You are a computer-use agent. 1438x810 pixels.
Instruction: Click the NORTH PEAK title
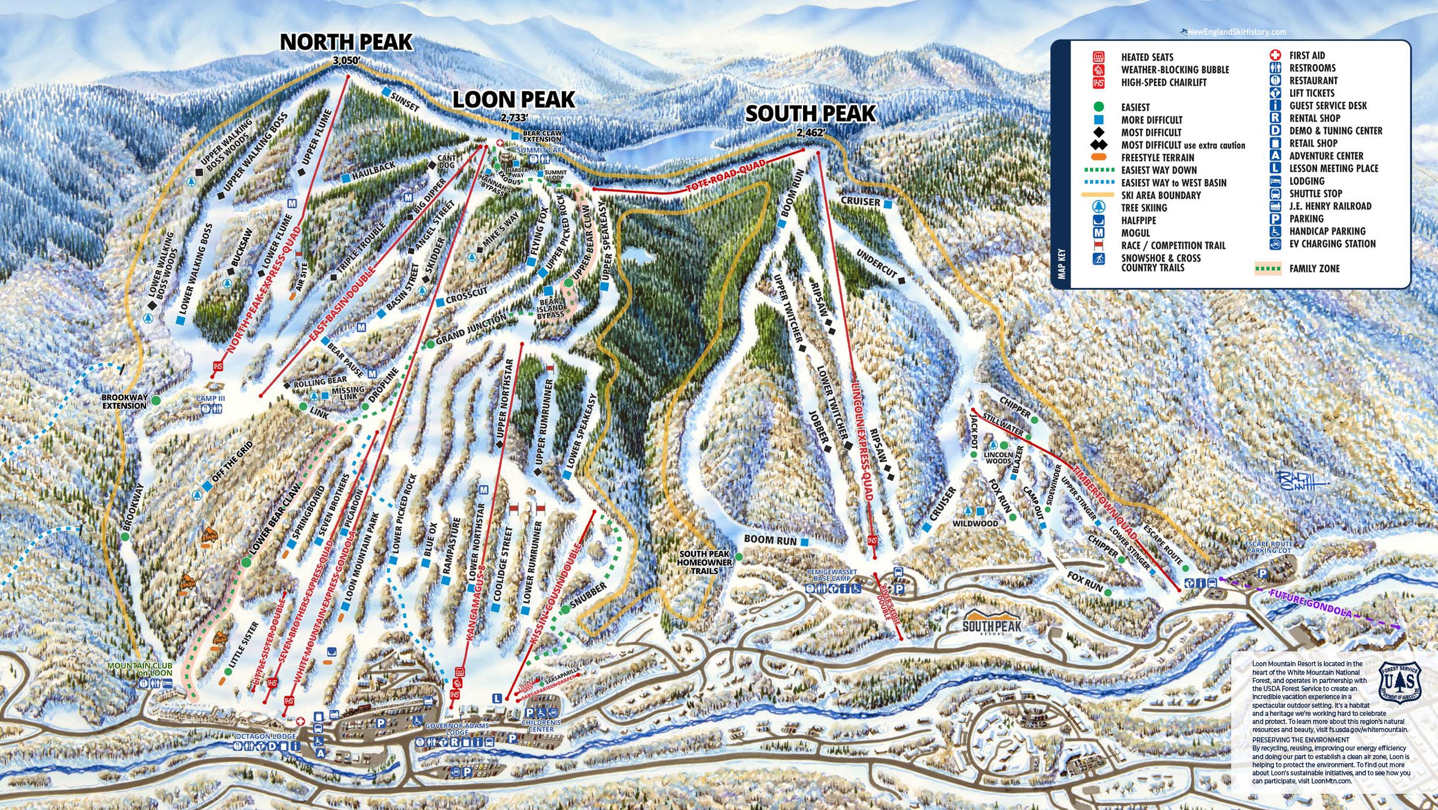click(345, 42)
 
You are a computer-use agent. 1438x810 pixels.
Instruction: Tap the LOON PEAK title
click(513, 100)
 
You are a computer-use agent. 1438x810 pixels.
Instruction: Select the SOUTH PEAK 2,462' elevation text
click(811, 133)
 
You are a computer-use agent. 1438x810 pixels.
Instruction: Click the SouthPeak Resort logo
click(992, 622)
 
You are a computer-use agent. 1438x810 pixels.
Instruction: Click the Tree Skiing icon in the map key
click(1098, 207)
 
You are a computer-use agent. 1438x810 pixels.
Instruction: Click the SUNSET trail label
click(404, 102)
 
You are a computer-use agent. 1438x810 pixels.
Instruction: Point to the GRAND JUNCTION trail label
click(470, 329)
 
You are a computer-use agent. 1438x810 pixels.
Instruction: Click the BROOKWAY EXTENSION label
click(124, 402)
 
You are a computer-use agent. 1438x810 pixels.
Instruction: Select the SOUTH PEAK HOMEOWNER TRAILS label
click(704, 562)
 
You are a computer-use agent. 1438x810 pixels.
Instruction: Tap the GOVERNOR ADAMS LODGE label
click(456, 729)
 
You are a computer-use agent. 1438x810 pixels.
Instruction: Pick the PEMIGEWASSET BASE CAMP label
click(832, 574)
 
